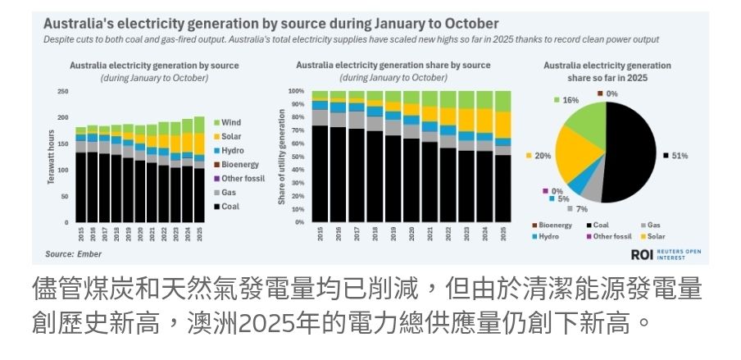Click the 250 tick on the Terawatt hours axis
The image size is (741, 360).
click(63, 92)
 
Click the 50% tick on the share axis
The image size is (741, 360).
click(298, 157)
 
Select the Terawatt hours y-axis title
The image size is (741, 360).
click(51, 156)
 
